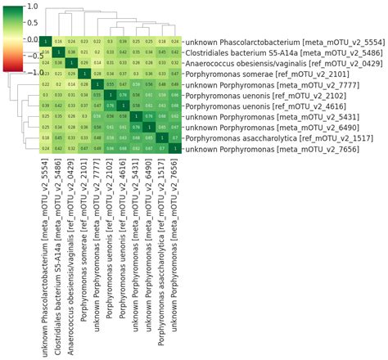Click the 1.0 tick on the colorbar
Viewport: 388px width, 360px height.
pos(31,7)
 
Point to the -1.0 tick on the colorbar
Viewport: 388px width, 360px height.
pos(31,72)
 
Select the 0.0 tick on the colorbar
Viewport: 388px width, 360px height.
pos(31,39)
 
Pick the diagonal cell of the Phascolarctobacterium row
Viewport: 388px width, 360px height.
pos(46,41)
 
